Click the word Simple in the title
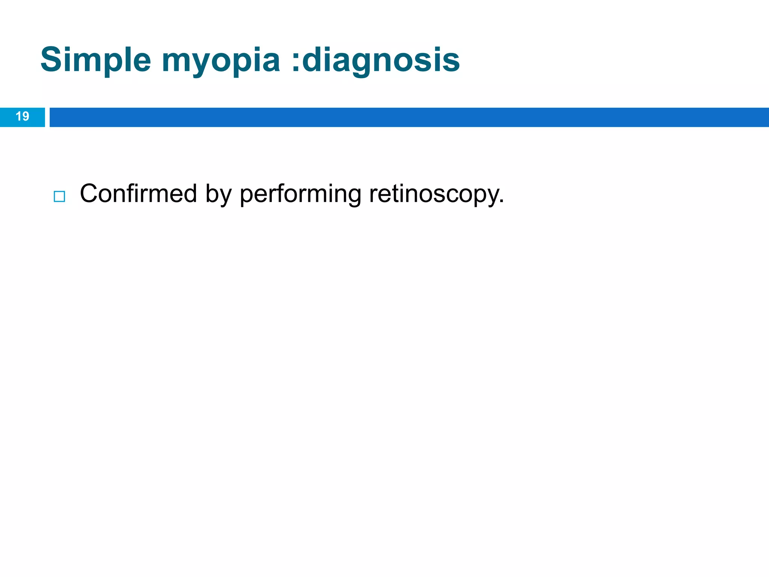click(x=95, y=60)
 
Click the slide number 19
click(x=23, y=116)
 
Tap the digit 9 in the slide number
click(x=26, y=116)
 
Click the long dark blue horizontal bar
click(x=409, y=117)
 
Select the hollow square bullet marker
click(x=59, y=196)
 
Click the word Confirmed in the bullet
click(x=138, y=194)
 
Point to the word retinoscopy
click(x=434, y=195)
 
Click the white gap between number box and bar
click(x=47, y=117)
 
